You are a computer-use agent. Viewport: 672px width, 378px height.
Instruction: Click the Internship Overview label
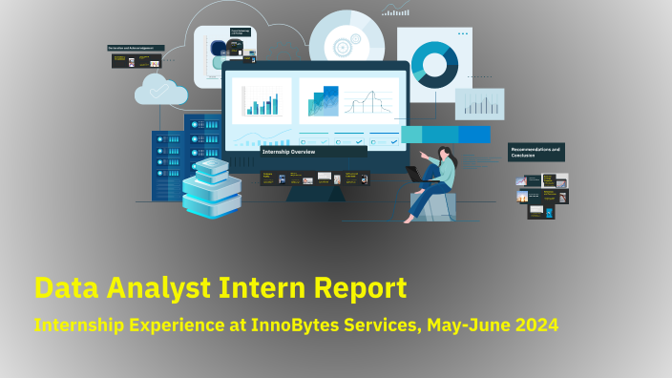pos(289,152)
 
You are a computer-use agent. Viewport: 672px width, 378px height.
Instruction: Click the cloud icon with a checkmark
pos(160,91)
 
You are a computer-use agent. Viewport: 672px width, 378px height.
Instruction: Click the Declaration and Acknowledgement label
pos(136,48)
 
